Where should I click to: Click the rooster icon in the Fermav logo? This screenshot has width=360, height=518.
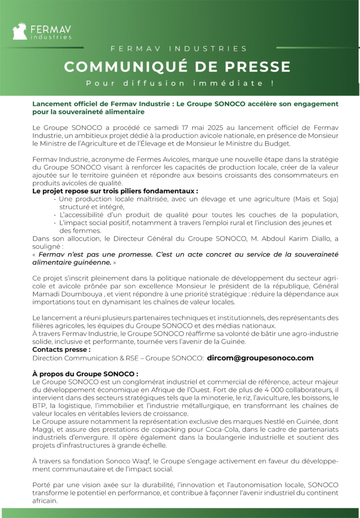20,31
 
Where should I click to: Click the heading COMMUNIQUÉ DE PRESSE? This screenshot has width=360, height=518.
177,67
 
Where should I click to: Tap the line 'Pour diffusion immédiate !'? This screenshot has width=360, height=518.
179,83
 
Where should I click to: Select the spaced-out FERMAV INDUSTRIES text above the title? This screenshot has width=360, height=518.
179,49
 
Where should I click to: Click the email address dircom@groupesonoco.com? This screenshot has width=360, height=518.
260,358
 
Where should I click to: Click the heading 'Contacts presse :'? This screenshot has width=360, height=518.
61,350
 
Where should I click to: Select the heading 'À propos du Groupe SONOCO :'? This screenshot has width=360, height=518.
85,374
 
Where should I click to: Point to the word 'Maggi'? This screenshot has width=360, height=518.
42,430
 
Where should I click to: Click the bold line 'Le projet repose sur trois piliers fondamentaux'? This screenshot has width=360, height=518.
114,192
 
